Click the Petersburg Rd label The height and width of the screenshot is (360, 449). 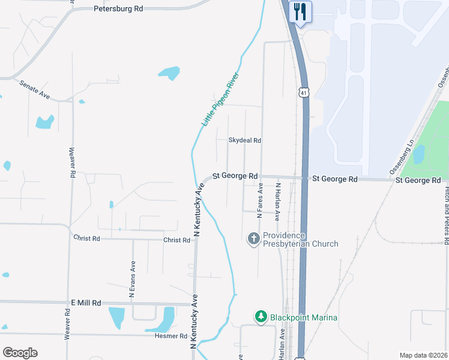point(119,9)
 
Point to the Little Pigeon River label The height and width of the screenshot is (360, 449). point(220,99)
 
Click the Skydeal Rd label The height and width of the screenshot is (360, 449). point(244,140)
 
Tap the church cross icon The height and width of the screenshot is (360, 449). point(254,239)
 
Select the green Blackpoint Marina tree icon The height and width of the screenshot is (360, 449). point(261,316)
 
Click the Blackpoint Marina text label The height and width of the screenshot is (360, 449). point(303,317)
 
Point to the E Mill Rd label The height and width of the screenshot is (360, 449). point(86,303)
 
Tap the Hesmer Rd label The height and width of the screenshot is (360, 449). point(171,335)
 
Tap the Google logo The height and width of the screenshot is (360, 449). point(20,353)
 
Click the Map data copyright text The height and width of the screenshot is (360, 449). point(422,355)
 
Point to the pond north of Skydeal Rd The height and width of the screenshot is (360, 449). point(169,73)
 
